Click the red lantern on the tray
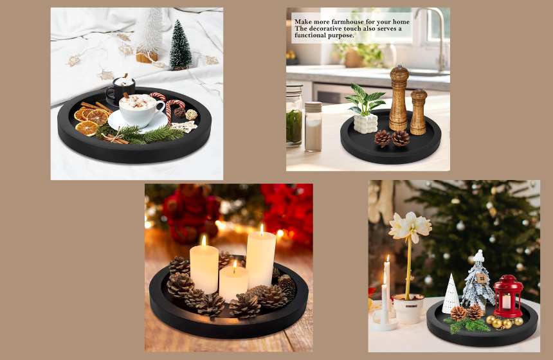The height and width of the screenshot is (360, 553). coord(508,296)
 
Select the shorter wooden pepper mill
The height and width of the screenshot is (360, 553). coord(418,112)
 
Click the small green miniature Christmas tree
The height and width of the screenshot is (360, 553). coord(181,45)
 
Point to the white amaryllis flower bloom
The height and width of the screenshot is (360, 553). coord(410,226)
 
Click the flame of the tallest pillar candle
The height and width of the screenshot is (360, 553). coord(262,230)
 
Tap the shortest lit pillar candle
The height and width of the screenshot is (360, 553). coord(233,283)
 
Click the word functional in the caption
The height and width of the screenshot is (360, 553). coord(309,35)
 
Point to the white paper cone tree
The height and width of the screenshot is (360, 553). coord(451,294)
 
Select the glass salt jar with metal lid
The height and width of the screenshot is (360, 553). coord(313,127)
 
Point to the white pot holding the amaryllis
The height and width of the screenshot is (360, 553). coord(409,309)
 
